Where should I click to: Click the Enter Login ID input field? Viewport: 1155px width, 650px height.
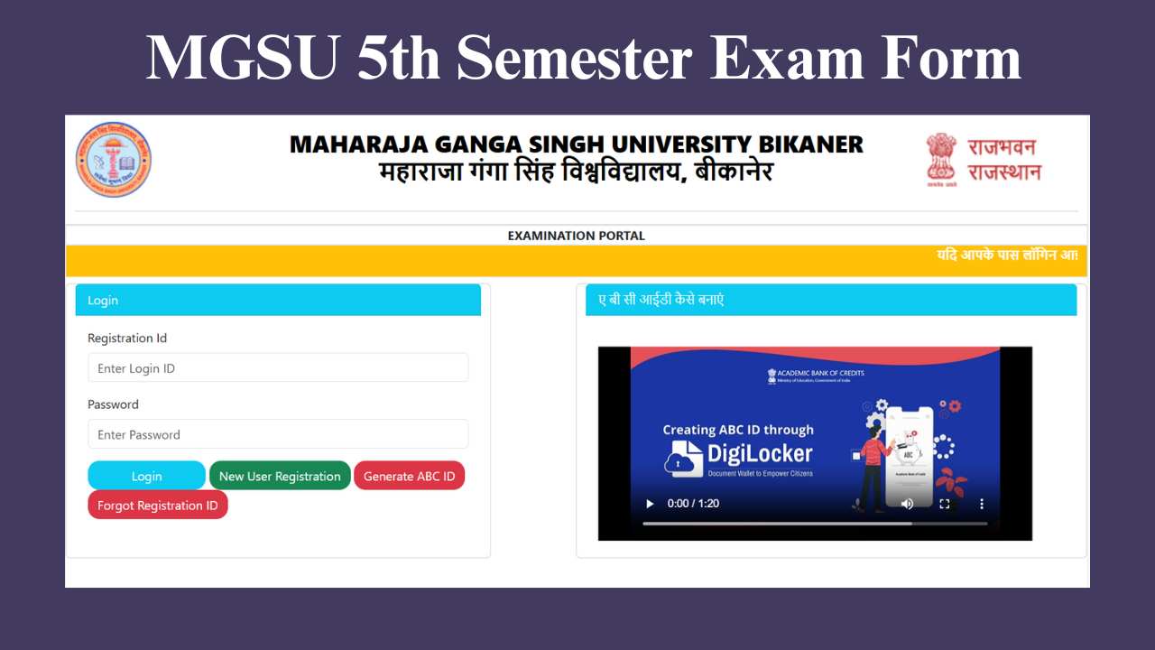(278, 368)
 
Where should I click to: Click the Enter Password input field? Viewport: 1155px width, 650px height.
(278, 434)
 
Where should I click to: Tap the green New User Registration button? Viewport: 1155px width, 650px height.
(280, 476)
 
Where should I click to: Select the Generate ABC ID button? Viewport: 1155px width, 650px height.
(409, 476)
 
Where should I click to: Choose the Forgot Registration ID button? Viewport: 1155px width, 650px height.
(158, 506)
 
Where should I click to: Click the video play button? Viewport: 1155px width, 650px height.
(650, 504)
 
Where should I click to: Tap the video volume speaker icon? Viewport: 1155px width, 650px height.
(907, 504)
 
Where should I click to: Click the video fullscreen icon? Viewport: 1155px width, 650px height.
(945, 504)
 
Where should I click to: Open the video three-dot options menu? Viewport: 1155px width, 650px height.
(983, 504)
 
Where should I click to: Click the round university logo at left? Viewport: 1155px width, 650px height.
(114, 160)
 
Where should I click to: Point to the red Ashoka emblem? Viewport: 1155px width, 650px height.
(941, 159)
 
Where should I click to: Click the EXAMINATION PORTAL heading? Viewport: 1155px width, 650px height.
(577, 236)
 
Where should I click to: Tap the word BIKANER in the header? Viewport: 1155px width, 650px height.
(808, 144)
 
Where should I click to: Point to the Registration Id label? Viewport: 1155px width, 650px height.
(127, 339)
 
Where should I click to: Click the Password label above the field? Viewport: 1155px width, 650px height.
(113, 404)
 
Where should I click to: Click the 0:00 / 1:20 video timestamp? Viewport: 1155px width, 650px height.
(693, 504)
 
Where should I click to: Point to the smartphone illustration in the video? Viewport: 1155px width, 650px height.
(909, 456)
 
